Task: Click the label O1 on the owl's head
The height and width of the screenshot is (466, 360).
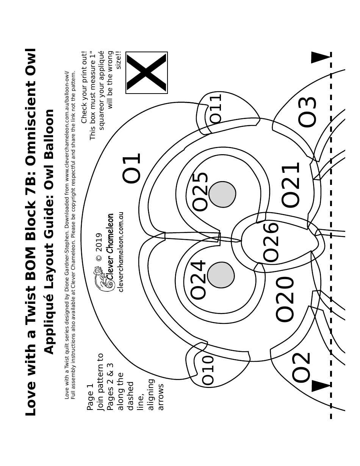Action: [x=131, y=168]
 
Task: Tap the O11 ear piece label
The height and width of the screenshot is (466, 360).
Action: [x=216, y=108]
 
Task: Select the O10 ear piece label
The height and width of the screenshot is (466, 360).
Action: [x=208, y=370]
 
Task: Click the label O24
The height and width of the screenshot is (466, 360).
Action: [x=198, y=279]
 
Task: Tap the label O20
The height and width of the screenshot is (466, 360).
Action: [x=285, y=299]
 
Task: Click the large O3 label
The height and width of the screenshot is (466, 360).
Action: [x=307, y=112]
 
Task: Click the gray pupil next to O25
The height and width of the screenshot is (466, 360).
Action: [x=222, y=194]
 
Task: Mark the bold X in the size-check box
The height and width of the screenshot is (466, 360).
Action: [x=147, y=73]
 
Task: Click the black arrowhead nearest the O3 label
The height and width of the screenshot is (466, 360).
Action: [x=320, y=58]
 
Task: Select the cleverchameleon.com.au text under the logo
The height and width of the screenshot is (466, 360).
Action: [x=121, y=252]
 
